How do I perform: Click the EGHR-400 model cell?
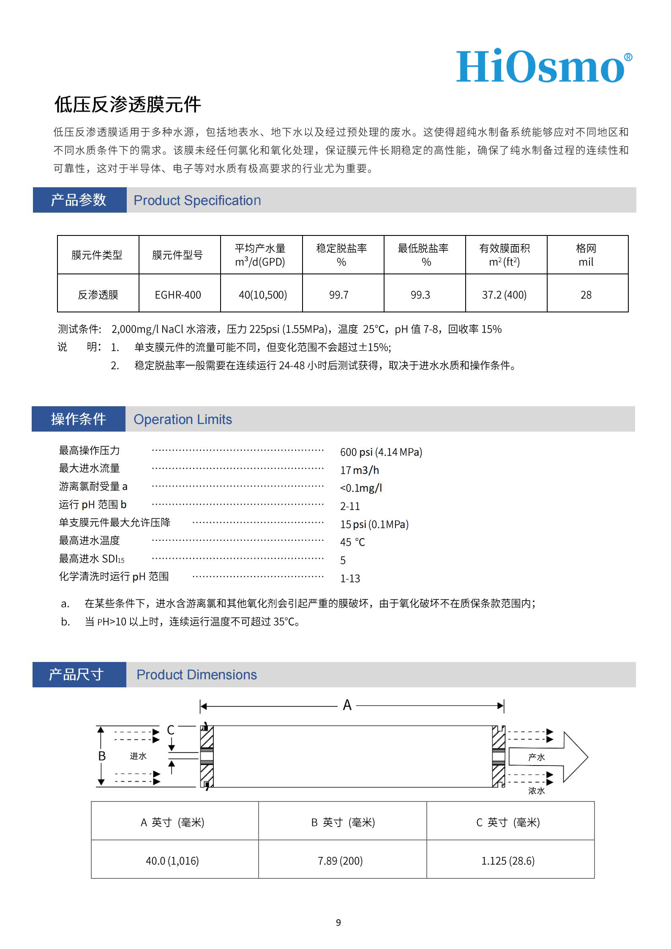coord(178,295)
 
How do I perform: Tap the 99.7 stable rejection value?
coord(339,295)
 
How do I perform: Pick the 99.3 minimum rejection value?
coord(420,295)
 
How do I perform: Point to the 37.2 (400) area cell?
coord(504,295)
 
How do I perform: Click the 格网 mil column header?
coord(586,255)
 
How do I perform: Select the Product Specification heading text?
coord(197,200)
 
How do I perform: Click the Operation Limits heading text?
coord(183,419)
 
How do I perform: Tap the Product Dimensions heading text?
coord(196,675)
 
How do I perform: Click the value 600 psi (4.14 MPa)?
coord(381,452)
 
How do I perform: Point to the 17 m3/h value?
coord(360,470)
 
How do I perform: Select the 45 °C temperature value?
coord(352,542)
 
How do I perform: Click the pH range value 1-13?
coord(350,578)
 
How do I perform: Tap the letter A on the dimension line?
coord(347,705)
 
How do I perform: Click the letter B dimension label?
coord(102,756)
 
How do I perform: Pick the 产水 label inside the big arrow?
coord(536,757)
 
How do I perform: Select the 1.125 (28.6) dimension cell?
coord(508,861)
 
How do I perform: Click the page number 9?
coord(338,922)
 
